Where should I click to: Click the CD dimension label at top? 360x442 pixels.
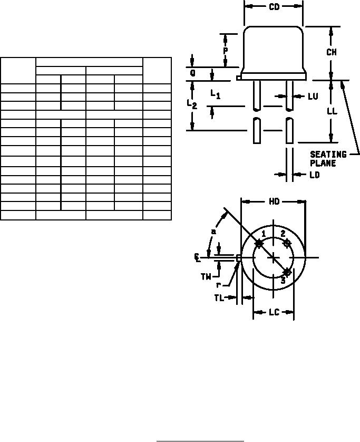[274, 7]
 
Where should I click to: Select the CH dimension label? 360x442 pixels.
[332, 52]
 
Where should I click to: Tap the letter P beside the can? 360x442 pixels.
[226, 51]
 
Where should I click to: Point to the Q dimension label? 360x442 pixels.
[193, 73]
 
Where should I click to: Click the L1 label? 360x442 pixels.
[216, 94]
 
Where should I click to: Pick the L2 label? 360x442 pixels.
[192, 104]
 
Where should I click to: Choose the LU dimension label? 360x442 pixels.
[313, 97]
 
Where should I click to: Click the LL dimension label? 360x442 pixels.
[332, 111]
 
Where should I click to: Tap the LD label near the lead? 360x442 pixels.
[315, 175]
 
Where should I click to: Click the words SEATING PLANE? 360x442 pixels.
[328, 159]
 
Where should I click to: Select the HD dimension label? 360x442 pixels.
[274, 201]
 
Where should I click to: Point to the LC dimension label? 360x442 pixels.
[274, 312]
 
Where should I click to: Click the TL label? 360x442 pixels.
[219, 298]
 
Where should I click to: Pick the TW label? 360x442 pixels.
[206, 277]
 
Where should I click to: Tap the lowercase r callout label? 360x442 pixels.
[218, 285]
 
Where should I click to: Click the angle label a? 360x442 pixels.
[213, 232]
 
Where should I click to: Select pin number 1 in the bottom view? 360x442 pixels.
[264, 234]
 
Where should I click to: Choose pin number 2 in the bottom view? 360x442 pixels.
[283, 234]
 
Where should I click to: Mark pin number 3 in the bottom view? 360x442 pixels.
[283, 281]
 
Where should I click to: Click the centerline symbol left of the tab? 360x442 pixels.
[198, 257]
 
